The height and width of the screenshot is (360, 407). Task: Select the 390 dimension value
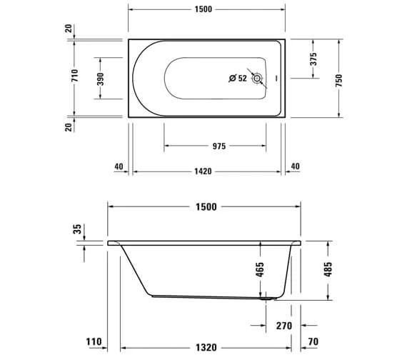point(101,78)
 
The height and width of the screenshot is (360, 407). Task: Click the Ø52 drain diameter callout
point(237,79)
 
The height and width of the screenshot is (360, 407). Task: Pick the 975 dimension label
point(218,146)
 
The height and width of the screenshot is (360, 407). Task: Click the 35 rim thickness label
point(77,230)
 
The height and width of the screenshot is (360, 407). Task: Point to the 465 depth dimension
point(260,269)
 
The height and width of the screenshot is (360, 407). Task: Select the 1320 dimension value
point(206,348)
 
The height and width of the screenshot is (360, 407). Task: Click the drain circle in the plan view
point(258,79)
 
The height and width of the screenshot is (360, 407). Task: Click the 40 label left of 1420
point(119,167)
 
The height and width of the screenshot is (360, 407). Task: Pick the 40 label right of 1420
point(295,167)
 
